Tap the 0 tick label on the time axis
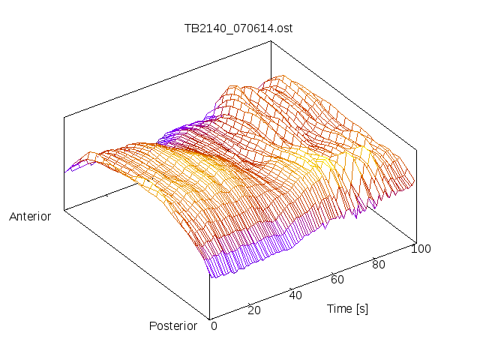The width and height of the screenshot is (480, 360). (x=214, y=325)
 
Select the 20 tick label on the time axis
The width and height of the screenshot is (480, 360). (x=254, y=310)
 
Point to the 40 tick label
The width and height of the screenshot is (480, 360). (x=295, y=295)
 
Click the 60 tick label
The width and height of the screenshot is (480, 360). (x=337, y=280)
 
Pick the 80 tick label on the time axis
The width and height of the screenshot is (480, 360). (x=379, y=264)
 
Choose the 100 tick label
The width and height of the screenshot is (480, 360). (x=421, y=249)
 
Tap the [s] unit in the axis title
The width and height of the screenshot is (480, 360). (x=361, y=308)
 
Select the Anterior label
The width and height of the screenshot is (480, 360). (x=30, y=217)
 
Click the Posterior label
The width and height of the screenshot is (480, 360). (x=173, y=325)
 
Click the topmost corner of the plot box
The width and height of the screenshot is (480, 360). (x=271, y=40)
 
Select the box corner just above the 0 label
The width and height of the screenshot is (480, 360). (x=209, y=317)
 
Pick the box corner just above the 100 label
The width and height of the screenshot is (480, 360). (x=415, y=242)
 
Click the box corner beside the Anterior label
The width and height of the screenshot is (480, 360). (x=64, y=210)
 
